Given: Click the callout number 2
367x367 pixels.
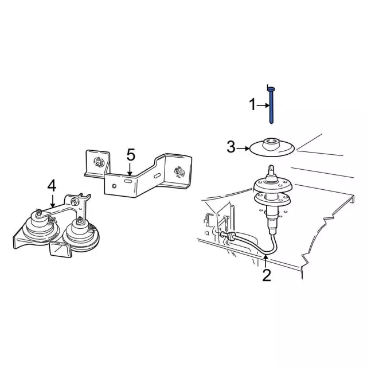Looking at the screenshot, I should coord(266,275).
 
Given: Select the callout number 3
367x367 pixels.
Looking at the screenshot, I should coord(231,147).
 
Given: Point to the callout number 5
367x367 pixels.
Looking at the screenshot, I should coord(130,154).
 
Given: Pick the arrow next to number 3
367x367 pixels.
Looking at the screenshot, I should coord(243,148).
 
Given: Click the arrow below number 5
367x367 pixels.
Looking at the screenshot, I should coord(130,169).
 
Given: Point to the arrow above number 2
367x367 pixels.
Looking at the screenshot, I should coord(266,261).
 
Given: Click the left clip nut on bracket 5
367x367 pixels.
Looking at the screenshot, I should coord(98,162).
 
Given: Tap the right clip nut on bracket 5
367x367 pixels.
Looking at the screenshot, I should coord(179,171).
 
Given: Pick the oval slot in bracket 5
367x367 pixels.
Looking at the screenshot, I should coord(128,181).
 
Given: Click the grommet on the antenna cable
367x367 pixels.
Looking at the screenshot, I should coord(230,237).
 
